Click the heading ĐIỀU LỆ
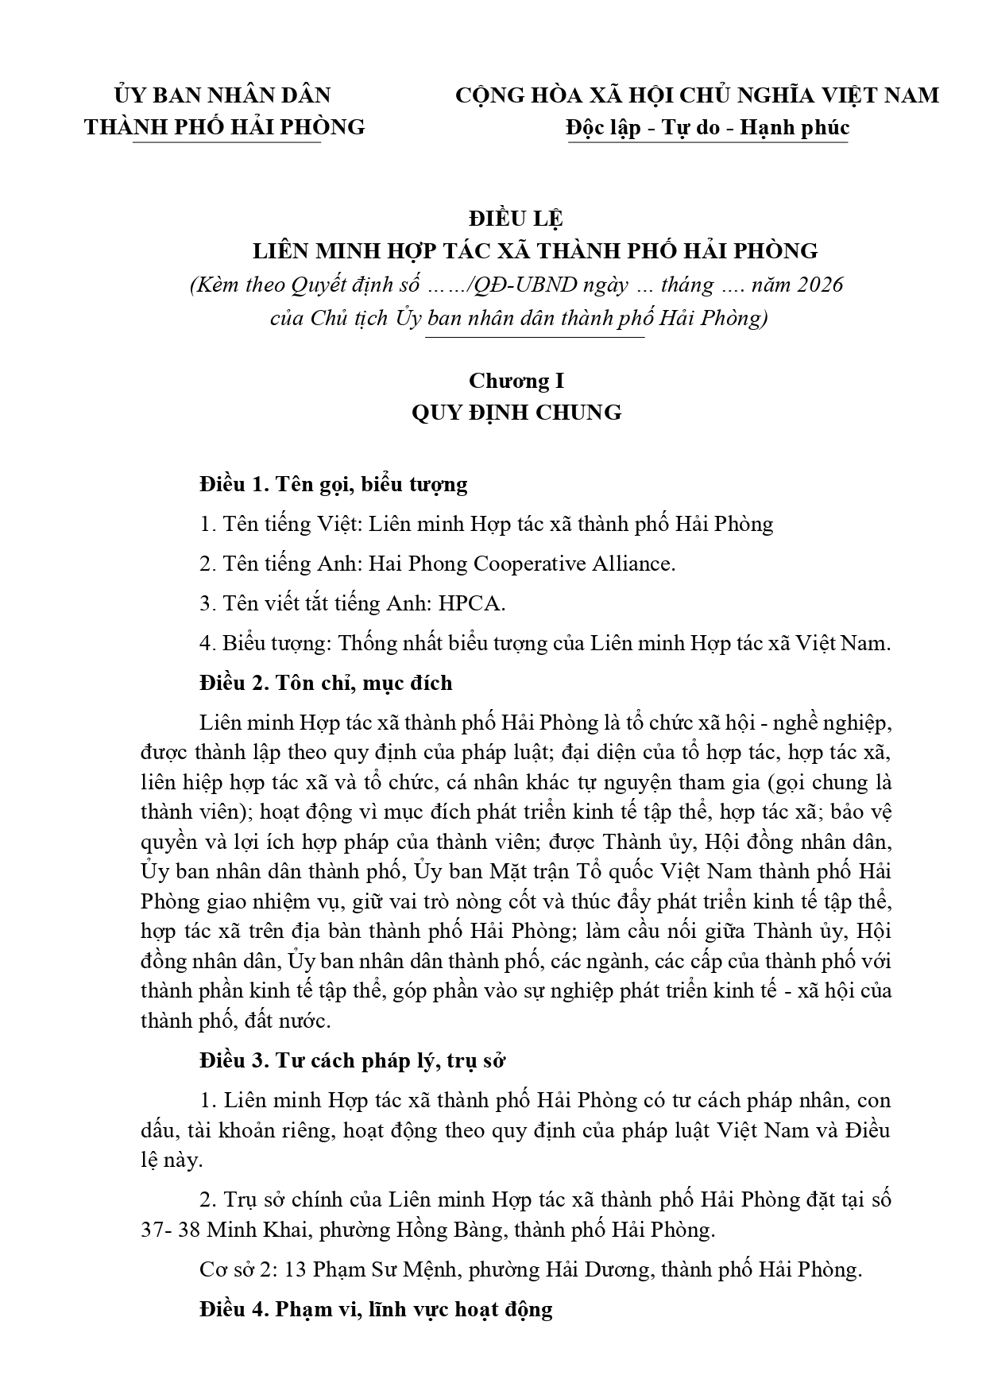516,217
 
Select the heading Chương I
516,381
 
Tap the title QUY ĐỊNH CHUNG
516,413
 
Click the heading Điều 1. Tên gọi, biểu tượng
334,484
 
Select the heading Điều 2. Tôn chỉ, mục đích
326,683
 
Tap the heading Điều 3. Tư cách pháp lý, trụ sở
353,1060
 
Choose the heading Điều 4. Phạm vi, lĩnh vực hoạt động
376,1308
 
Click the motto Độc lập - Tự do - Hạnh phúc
707,127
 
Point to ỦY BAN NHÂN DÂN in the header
223,95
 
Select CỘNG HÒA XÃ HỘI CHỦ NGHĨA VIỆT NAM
697,95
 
